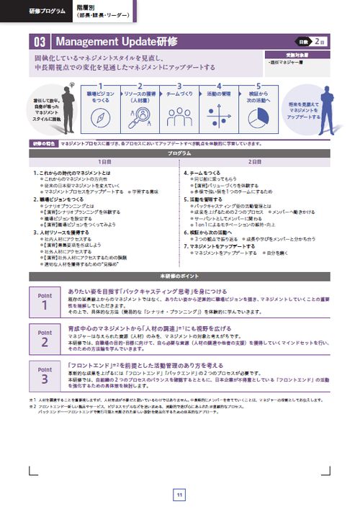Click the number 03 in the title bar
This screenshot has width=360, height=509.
coord(39,40)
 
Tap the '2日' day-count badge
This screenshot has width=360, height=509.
coord(319,40)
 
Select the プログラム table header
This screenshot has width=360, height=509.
coord(179,153)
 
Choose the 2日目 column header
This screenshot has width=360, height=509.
coord(255,162)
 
